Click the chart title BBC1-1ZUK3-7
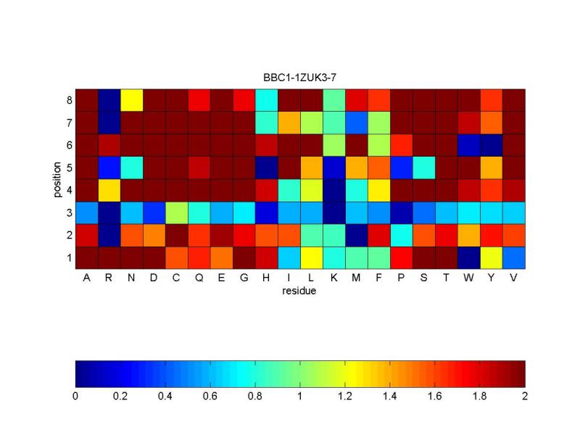299,78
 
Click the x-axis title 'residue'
299,291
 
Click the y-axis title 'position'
57,179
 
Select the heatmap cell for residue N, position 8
132,100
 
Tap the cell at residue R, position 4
109,190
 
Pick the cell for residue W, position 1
468,258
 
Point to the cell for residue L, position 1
312,258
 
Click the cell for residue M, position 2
357,235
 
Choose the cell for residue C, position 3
176,212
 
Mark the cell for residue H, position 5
266,167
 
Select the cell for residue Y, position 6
492,145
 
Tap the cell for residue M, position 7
357,123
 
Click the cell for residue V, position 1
514,258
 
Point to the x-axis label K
333,278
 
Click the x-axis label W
468,278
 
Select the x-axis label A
86,278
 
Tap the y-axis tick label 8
70,100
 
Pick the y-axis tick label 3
70,212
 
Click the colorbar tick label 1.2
345,396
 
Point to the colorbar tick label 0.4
165,396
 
